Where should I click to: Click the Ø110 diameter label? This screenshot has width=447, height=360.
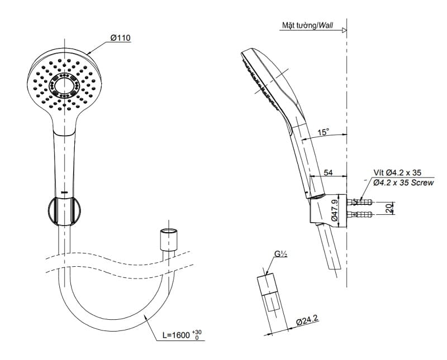click(120, 38)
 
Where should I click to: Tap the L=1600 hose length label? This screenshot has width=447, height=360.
click(179, 335)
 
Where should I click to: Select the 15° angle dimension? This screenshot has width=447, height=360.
click(324, 132)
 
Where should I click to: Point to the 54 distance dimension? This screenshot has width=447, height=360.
click(328, 173)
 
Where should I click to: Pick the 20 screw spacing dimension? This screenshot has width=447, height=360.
click(389, 208)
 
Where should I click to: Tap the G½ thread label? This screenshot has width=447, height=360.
click(280, 256)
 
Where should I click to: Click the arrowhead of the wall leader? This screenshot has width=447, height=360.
click(344, 31)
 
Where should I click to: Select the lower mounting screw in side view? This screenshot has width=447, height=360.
click(360, 214)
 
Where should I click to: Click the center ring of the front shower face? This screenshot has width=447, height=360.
click(65, 85)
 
